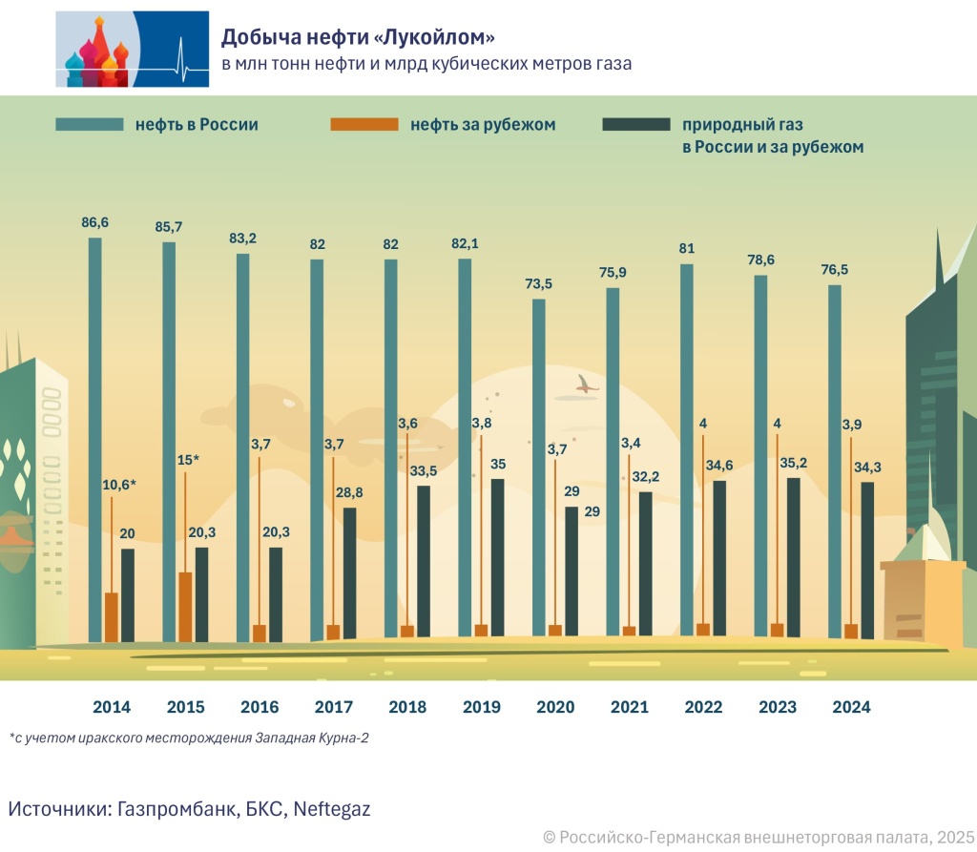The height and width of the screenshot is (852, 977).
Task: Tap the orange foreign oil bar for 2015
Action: [186, 606]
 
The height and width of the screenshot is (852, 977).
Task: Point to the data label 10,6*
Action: [119, 485]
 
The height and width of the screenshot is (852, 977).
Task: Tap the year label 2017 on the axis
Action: [333, 708]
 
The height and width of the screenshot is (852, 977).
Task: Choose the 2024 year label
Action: [851, 708]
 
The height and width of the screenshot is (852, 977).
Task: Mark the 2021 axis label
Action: [629, 708]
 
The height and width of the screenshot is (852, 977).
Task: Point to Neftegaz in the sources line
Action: [332, 809]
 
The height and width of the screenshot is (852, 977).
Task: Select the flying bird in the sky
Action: [584, 384]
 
